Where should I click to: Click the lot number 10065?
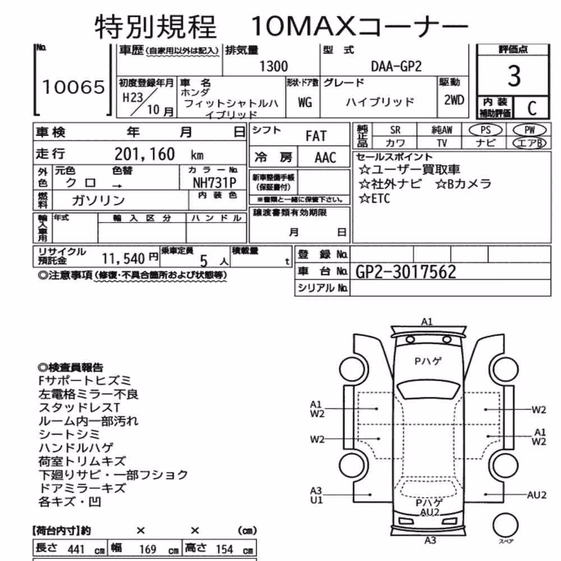tap(73, 88)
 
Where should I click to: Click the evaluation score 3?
tap(514, 76)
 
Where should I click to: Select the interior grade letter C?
tap(532, 108)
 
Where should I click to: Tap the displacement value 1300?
tap(274, 67)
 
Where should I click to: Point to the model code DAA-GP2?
tap(396, 67)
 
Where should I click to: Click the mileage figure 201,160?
tap(145, 154)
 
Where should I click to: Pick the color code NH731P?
tap(215, 183)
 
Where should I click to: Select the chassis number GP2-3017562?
tap(406, 272)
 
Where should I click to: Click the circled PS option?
tap(485, 130)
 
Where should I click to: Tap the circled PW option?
tap(530, 130)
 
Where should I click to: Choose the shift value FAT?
tap(316, 136)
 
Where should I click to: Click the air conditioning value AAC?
tap(325, 158)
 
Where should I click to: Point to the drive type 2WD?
tap(454, 100)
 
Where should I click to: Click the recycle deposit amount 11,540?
tap(123, 258)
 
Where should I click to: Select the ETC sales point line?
tap(375, 198)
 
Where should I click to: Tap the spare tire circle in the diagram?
tap(505, 526)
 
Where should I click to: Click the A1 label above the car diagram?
tap(427, 321)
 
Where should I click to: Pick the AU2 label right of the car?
tap(537, 495)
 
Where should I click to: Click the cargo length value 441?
tap(76, 549)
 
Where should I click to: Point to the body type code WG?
tap(305, 103)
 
